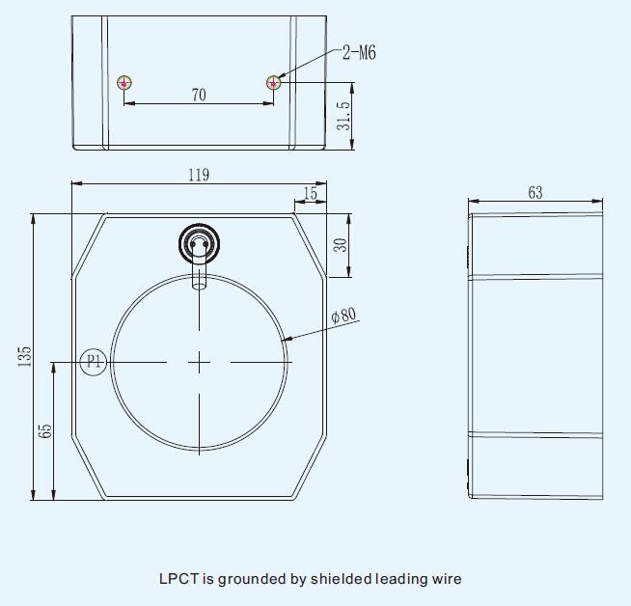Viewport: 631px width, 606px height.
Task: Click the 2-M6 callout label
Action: (x=359, y=53)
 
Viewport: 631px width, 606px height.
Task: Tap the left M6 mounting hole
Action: (x=124, y=83)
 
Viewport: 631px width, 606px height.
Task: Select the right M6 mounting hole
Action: (x=274, y=83)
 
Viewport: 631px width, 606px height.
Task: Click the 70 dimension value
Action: (x=199, y=95)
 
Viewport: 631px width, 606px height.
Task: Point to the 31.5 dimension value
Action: (x=343, y=116)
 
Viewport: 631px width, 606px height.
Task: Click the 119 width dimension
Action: (x=199, y=175)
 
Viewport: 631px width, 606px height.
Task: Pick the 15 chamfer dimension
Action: (x=310, y=194)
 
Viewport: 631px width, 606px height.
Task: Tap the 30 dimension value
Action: (x=340, y=245)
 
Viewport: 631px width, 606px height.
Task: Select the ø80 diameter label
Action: (x=344, y=316)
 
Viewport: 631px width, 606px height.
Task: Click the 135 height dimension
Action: (x=24, y=356)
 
